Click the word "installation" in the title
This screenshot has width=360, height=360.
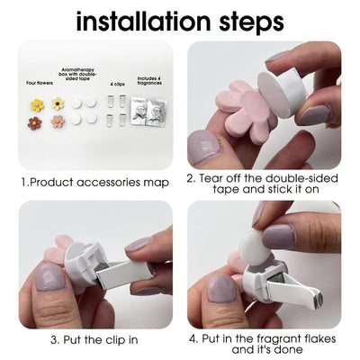click(143, 21)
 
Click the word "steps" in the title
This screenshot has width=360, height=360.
click(252, 22)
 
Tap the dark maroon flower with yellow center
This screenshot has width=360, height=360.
click(34, 123)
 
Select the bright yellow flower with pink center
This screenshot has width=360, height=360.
click(37, 105)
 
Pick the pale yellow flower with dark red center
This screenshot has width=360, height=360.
click(58, 103)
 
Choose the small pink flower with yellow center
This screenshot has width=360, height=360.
click(58, 121)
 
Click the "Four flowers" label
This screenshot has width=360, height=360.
click(40, 83)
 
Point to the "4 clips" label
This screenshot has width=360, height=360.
click(117, 85)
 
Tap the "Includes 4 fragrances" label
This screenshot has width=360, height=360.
click(149, 81)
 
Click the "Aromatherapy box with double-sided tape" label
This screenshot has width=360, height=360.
click(78, 74)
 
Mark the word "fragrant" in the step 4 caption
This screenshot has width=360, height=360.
click(279, 338)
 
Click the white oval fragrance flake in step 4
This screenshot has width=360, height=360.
click(255, 247)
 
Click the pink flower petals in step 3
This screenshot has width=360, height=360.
click(58, 249)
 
